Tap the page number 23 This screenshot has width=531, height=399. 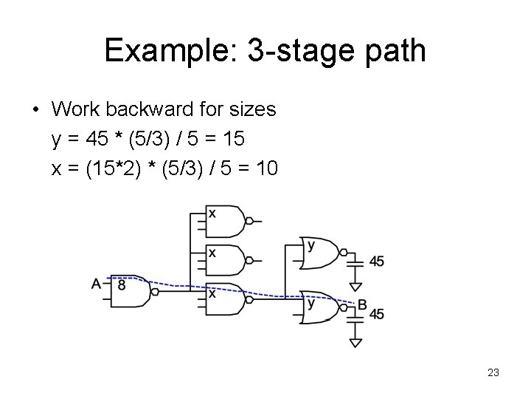tap(493, 373)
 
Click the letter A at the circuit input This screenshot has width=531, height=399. tap(97, 283)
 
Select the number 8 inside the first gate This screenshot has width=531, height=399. tap(122, 284)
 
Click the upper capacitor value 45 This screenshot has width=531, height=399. tap(376, 261)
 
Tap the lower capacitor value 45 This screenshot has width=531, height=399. tap(376, 315)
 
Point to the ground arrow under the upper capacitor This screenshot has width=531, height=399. tap(356, 287)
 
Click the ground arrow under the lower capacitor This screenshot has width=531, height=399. tap(356, 341)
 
